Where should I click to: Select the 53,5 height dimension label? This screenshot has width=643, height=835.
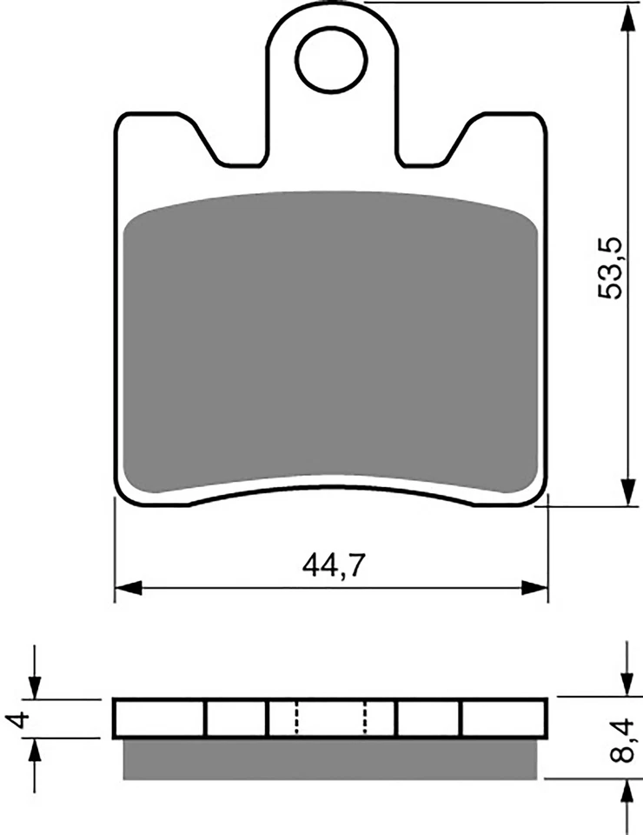(611, 270)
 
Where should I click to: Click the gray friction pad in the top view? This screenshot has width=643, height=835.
(330, 344)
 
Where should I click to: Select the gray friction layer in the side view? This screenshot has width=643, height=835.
(330, 758)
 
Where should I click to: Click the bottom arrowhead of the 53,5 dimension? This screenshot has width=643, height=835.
(625, 493)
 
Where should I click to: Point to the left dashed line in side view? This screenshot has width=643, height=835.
(295, 718)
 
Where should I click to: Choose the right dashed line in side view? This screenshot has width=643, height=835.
(365, 718)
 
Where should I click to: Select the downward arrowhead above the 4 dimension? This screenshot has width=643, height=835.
(34, 687)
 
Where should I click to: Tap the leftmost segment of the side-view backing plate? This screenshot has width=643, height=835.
(160, 718)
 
